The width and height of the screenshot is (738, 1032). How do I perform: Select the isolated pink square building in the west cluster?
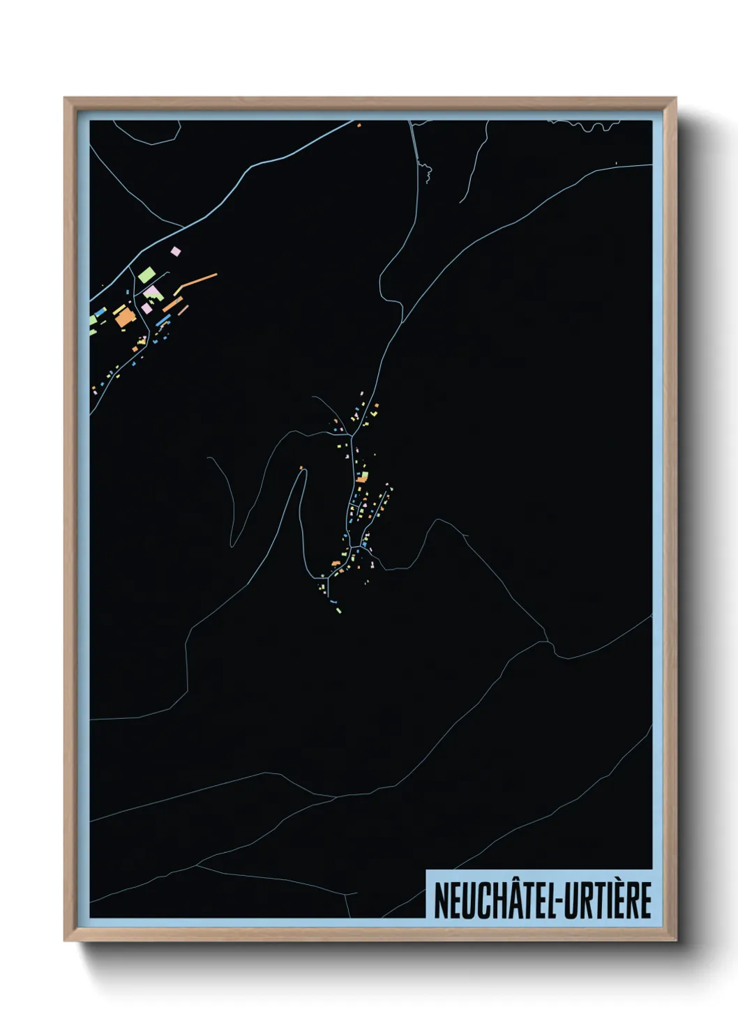coord(176,251)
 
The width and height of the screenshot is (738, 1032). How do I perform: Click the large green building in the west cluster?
coord(146,274)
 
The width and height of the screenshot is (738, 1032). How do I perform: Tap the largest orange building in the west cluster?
coord(124,319)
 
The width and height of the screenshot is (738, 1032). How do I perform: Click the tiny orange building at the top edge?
coord(359,126)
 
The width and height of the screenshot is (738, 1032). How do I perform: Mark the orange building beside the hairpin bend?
coord(301,468)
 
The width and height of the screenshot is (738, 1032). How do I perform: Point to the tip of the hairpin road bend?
coord(304,471)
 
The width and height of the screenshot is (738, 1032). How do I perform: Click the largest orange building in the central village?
coord(361,479)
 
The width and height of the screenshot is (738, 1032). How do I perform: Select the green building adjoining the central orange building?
coord(364,475)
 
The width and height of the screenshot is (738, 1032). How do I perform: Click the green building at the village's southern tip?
coord(340,611)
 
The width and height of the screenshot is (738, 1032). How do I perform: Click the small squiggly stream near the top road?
coord(425,169)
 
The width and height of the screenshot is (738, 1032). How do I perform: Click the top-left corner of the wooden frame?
coord(66,99)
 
